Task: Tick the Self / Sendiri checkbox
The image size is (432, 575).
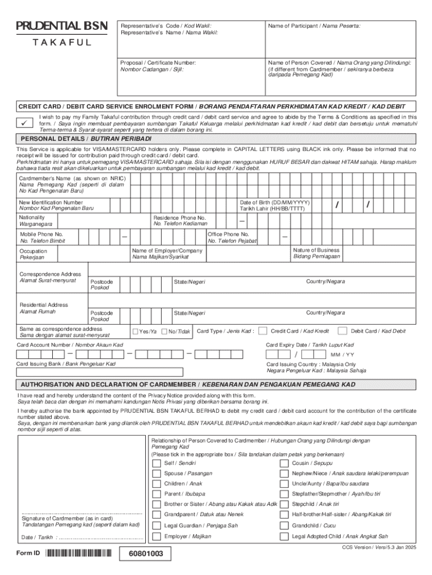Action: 156,463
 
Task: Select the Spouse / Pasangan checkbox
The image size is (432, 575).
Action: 156,474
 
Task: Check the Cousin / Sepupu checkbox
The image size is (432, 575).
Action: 284,463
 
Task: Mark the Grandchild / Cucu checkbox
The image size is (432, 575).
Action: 284,526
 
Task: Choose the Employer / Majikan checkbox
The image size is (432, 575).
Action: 156,536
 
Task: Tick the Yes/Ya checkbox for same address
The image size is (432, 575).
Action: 135,331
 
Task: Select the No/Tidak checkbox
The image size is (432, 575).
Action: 164,331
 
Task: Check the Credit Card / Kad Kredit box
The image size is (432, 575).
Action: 266,331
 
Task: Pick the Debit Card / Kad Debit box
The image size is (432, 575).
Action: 346,331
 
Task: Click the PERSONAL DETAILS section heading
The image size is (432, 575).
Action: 86,139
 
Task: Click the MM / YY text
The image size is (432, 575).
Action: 342,355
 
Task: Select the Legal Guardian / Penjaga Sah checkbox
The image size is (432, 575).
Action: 156,526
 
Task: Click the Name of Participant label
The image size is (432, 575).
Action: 314,26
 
